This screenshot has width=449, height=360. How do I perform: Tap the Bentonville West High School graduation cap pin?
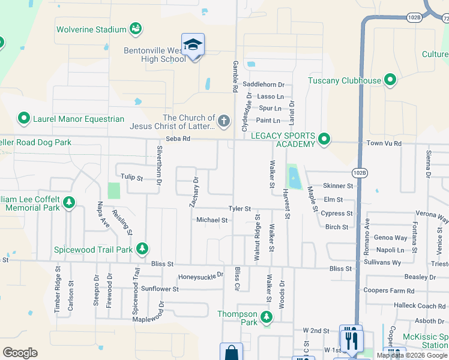pos(193,46)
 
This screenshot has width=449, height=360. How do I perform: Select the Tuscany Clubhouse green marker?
pos(390,80)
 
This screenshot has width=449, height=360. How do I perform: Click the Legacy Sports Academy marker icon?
pos(324,140)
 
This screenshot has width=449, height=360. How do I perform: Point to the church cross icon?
pos(223,122)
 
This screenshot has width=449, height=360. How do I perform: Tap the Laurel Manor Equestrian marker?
pos(24,119)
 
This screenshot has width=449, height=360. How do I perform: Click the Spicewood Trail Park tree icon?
pos(142,248)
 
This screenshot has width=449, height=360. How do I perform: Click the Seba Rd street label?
pos(178,139)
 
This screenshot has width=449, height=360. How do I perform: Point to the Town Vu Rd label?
pos(384,144)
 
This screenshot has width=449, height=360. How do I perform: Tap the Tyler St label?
pos(239,209)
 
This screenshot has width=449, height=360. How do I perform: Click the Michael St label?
pos(212,220)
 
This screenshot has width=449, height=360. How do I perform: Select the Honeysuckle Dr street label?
pos(200,276)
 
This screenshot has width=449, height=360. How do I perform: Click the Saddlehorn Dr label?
pos(264,85)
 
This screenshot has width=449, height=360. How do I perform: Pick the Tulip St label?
pos(131,178)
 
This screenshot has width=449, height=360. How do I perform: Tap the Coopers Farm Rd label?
pos(389,291)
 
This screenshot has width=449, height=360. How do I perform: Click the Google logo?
pos(20,353)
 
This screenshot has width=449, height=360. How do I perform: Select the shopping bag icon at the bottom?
pos(231,353)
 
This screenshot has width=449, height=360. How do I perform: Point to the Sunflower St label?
pos(160,289)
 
